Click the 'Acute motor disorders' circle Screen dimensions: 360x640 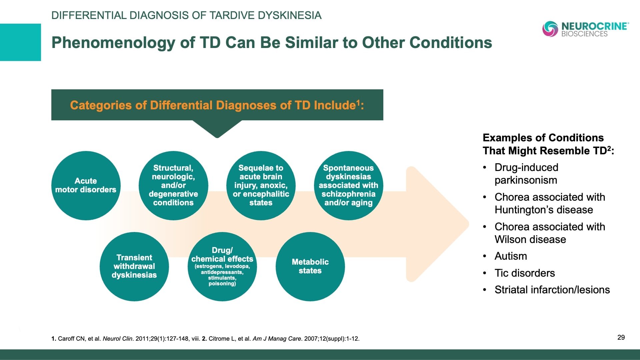[86, 185]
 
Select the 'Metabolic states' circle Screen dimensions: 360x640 [310, 266]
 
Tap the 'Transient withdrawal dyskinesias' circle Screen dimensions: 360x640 [134, 266]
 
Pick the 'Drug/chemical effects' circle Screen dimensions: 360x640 [222, 266]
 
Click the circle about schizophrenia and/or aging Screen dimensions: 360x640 [348, 185]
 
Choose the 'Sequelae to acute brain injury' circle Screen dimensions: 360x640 [261, 185]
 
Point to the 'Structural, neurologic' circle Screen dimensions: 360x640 [173, 185]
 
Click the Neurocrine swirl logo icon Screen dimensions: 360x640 [550, 29]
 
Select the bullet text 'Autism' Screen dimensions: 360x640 [511, 256]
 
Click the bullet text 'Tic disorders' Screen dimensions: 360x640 [525, 273]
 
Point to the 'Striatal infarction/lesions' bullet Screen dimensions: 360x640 [552, 290]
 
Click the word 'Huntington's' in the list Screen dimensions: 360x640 [521, 210]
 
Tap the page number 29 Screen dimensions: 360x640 [621, 337]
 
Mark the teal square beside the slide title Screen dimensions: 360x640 [20, 42]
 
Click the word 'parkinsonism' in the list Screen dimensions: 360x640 [526, 180]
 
